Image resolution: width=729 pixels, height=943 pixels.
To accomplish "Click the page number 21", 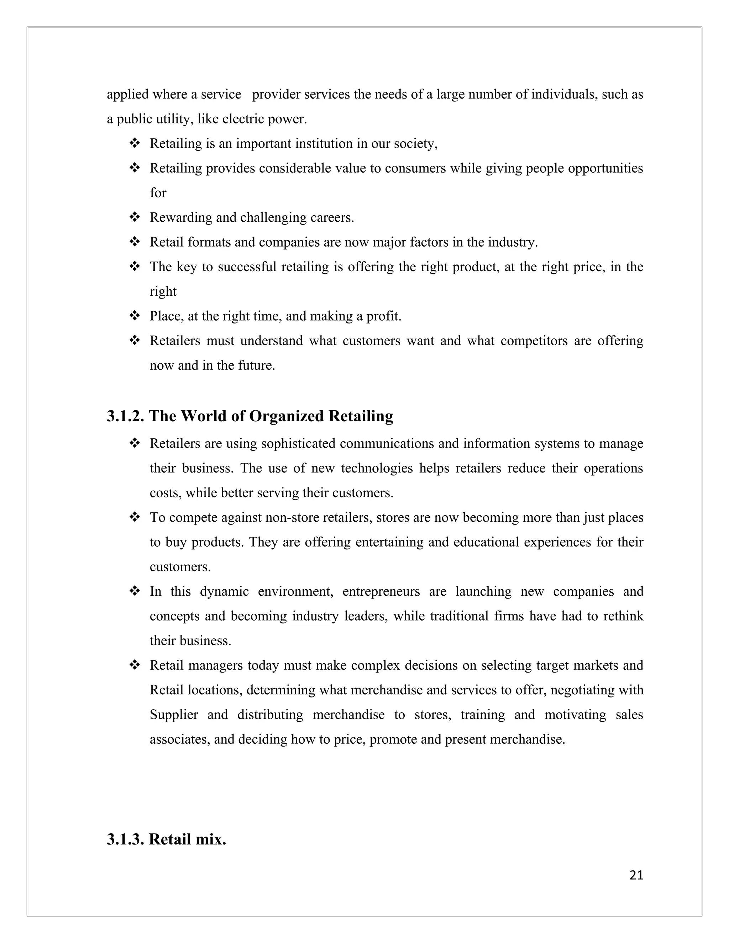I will point(636,875).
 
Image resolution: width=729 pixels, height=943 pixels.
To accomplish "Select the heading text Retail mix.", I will point(188,839).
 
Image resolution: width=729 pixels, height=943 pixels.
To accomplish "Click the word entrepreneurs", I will point(381,591).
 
